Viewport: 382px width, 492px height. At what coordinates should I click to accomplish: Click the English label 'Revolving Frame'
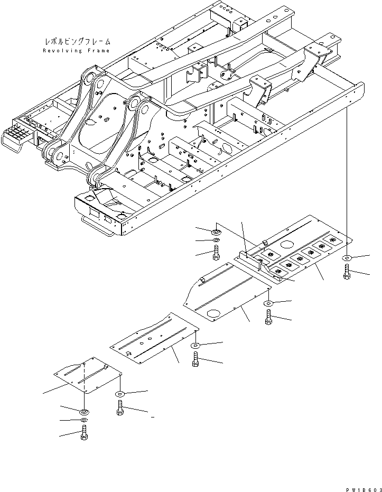tap(76, 51)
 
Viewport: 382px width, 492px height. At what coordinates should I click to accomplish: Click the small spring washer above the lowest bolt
tap(84, 421)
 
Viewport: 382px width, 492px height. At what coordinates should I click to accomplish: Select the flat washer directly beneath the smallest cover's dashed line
tap(84, 411)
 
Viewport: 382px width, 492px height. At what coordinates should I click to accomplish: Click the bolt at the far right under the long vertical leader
tap(347, 272)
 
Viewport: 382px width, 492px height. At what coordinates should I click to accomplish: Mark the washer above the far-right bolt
tap(346, 258)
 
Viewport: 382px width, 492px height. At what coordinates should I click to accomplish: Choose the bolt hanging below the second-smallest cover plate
tap(195, 360)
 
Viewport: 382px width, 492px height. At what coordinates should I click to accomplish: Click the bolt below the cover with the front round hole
tap(268, 317)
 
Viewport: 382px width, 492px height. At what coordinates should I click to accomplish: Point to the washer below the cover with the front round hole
tap(268, 303)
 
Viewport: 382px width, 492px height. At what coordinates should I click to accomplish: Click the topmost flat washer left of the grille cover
tap(217, 233)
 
